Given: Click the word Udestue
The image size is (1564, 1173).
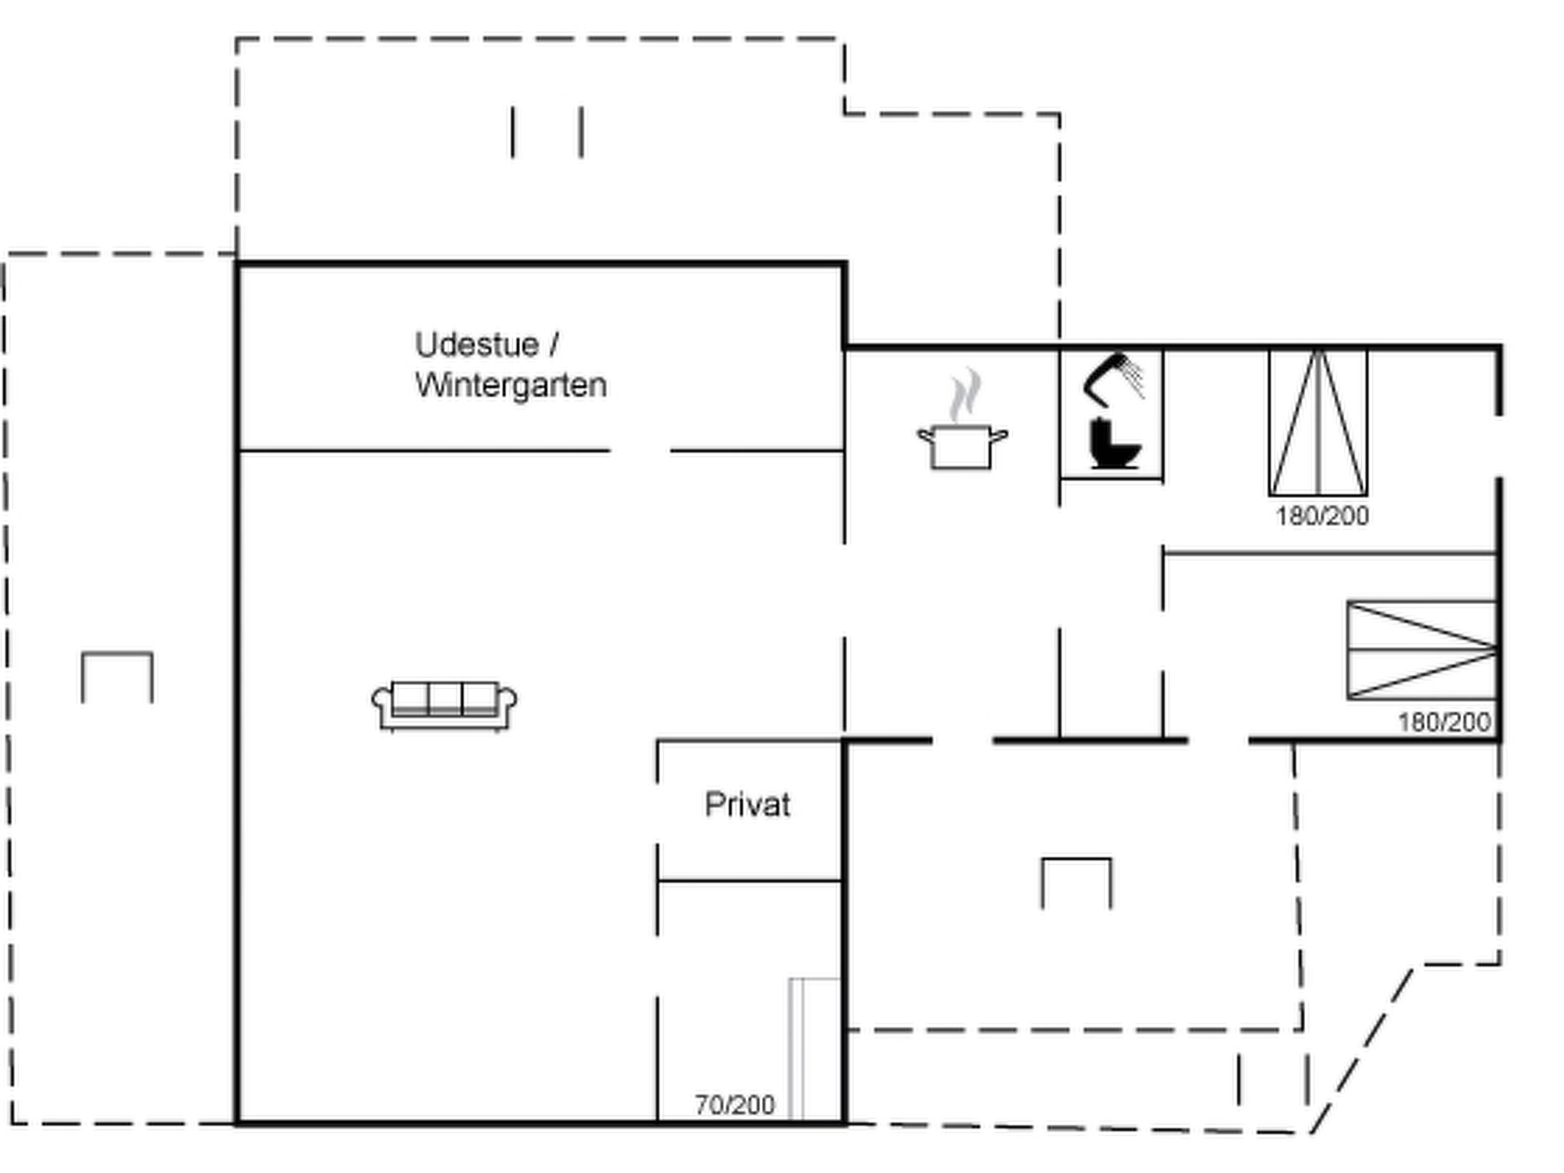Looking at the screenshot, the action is pyautogui.click(x=477, y=345).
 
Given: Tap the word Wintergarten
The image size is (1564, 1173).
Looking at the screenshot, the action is pyautogui.click(x=511, y=385).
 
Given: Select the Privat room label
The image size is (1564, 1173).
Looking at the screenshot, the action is pyautogui.click(x=747, y=805).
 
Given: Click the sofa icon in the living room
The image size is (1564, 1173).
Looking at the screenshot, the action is pyautogui.click(x=444, y=706).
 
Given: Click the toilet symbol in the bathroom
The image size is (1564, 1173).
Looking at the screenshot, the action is pyautogui.click(x=1114, y=443).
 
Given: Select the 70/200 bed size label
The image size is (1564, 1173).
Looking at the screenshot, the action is pyautogui.click(x=735, y=1104).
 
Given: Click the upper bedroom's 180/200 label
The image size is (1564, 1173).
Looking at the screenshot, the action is pyautogui.click(x=1322, y=516).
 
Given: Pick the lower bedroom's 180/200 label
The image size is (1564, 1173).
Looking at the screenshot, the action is pyautogui.click(x=1444, y=722).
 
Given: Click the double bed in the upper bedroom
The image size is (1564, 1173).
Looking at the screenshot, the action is pyautogui.click(x=1318, y=422).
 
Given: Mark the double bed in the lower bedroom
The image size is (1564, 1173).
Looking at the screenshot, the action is pyautogui.click(x=1422, y=650).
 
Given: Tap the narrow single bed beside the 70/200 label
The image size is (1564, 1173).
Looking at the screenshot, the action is pyautogui.click(x=816, y=1050).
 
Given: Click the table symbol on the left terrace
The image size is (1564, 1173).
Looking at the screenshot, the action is pyautogui.click(x=118, y=654).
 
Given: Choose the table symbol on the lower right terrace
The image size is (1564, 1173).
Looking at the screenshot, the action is pyautogui.click(x=1077, y=861).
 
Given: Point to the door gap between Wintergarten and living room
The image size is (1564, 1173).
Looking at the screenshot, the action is pyautogui.click(x=640, y=451).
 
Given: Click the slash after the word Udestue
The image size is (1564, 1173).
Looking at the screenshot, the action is pyautogui.click(x=554, y=345).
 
